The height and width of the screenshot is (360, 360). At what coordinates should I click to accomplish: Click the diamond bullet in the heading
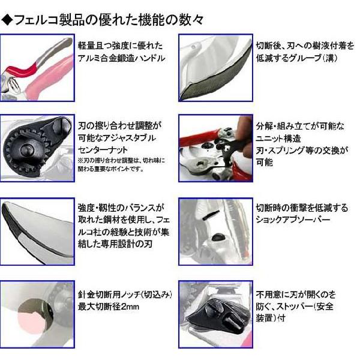(7, 19)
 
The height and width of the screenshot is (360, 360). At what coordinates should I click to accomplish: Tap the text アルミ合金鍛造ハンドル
(122, 59)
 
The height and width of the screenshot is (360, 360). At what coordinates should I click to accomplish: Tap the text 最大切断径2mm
(109, 307)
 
